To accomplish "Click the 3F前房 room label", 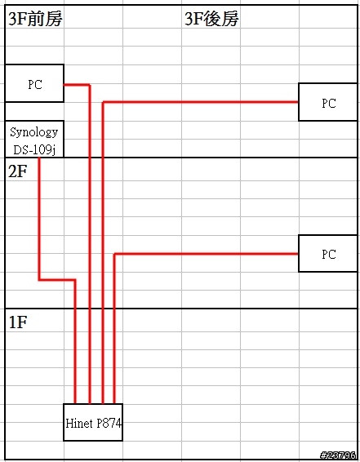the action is (x=35, y=19).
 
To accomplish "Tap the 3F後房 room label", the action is (x=211, y=19).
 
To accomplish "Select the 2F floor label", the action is (x=18, y=171).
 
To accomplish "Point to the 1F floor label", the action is (x=18, y=322).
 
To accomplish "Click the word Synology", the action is (x=34, y=132).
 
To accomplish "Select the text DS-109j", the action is (x=34, y=150).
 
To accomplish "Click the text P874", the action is (x=109, y=424).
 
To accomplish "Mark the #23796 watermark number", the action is (x=338, y=455).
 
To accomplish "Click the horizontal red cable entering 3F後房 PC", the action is (x=200, y=102).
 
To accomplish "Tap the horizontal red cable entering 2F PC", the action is (x=207, y=254).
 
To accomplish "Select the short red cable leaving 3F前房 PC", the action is (x=77, y=85).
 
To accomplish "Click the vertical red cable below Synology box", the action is (x=39, y=219).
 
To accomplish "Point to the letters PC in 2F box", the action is (x=329, y=254).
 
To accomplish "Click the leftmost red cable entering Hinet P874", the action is (x=75, y=342).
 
